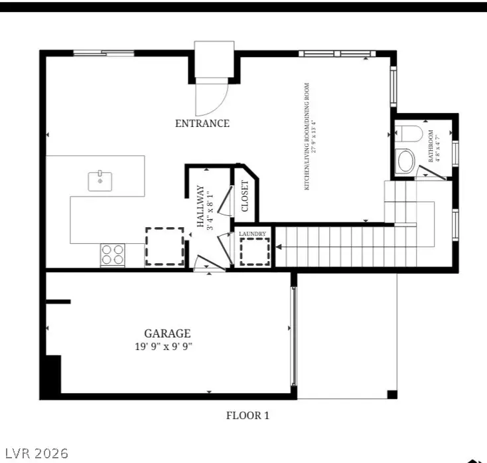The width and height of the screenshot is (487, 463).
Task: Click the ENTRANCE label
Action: (202, 124)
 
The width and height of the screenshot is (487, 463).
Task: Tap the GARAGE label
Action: (167, 333)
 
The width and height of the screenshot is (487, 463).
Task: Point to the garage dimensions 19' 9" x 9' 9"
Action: (167, 346)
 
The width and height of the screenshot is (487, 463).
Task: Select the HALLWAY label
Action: (200, 211)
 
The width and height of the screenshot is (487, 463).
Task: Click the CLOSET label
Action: (244, 196)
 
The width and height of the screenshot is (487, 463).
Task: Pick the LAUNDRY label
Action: (253, 234)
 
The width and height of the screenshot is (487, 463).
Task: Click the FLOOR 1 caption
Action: (247, 416)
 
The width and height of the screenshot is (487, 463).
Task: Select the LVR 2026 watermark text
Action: (36, 453)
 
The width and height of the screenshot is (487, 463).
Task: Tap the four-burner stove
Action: (113, 254)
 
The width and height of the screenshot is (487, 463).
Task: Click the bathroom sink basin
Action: (405, 161)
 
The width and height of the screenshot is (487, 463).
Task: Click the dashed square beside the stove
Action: (165, 247)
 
